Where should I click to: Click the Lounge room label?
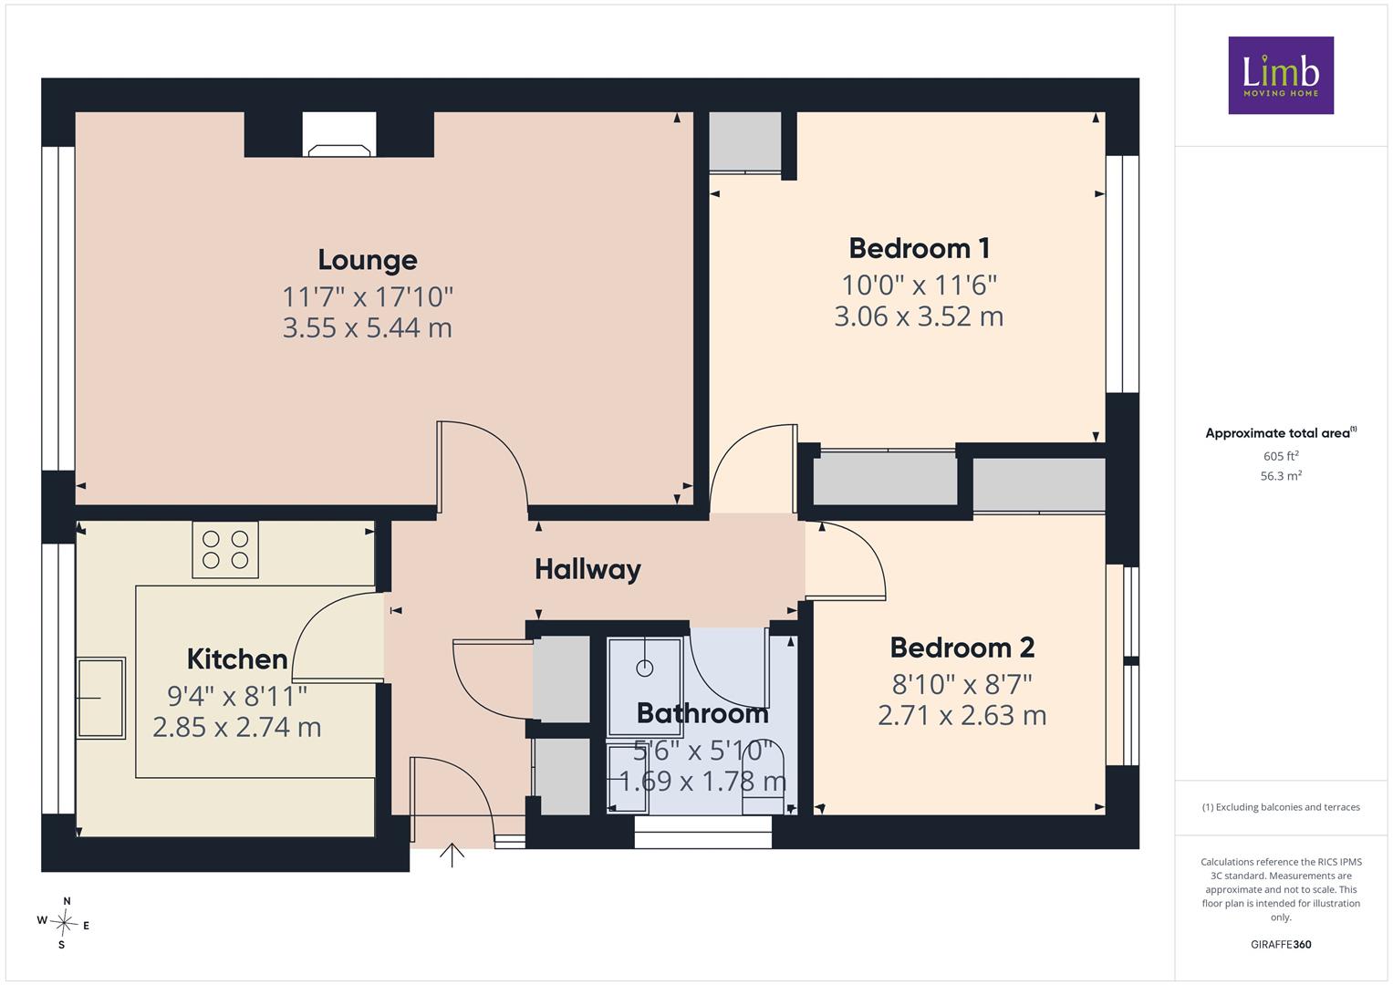368,260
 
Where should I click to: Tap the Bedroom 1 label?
920,249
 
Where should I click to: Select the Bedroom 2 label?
962,648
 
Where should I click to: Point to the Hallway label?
587,570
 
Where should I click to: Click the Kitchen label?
237,659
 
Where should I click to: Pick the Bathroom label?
702,713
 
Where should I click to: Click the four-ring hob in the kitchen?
225,550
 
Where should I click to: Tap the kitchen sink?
100,698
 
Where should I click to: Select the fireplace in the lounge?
339,134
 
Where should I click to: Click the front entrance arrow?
452,855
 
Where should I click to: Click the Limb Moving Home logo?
1281,75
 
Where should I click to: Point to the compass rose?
64,923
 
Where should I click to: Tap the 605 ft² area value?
1281,456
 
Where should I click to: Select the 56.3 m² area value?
1281,476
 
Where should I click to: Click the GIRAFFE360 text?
1281,944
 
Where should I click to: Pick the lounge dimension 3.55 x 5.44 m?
368,327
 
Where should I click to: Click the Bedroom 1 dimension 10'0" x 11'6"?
920,285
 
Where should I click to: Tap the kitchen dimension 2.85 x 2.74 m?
237,727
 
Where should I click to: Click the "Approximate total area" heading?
1281,433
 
